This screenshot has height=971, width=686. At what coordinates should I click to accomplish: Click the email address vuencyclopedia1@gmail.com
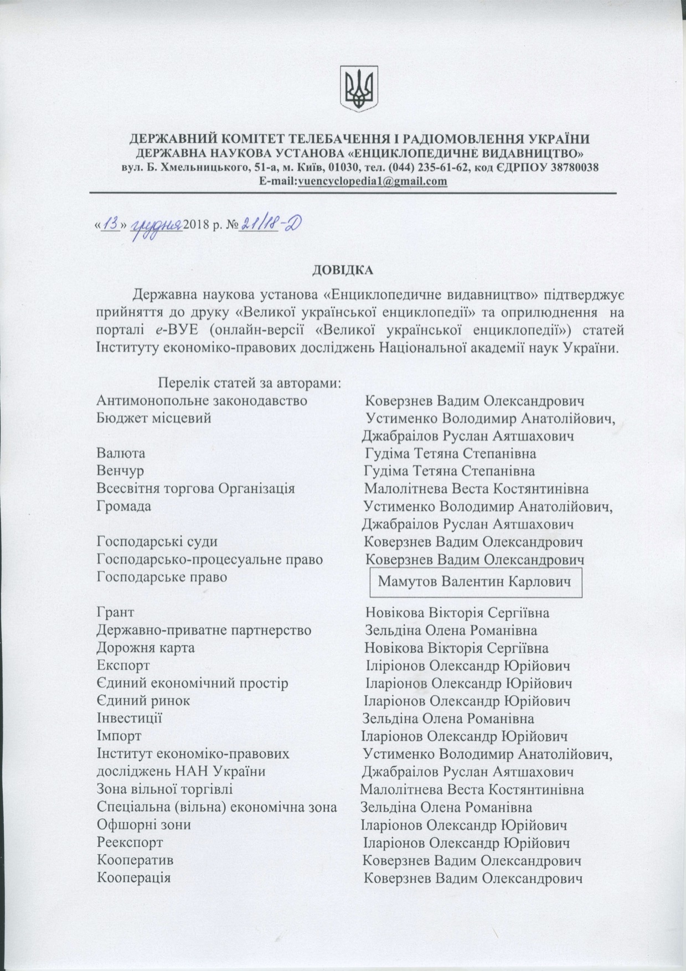pyautogui.click(x=372, y=181)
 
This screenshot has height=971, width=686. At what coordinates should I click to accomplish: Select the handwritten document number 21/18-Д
pyautogui.click(x=271, y=224)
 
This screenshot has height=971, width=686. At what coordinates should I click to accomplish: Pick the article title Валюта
pyautogui.click(x=121, y=453)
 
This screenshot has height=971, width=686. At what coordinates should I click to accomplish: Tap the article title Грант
pyautogui.click(x=115, y=613)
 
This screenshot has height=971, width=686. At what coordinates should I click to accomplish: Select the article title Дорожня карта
pyautogui.click(x=146, y=648)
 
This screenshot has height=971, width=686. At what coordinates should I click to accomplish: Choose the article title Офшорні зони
pyautogui.click(x=144, y=825)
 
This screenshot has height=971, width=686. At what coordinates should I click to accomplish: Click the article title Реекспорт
pyautogui.click(x=130, y=843)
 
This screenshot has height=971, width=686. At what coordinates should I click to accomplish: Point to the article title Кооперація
pyautogui.click(x=134, y=878)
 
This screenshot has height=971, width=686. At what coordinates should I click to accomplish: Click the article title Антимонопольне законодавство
pyautogui.click(x=202, y=400)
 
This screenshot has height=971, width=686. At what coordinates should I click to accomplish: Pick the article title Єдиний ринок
pyautogui.click(x=143, y=701)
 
